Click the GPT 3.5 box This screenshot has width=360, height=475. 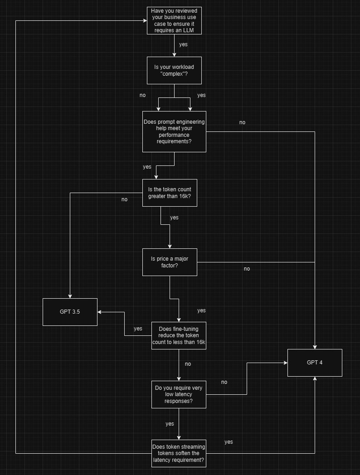coord(70,312)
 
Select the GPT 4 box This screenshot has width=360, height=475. coord(315,363)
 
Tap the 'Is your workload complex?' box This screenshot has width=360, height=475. coord(174,70)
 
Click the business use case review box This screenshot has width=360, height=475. coord(174,20)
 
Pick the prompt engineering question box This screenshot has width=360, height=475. coord(174,131)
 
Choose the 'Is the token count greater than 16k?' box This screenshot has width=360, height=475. coord(170,193)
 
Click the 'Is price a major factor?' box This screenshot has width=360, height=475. coord(170,262)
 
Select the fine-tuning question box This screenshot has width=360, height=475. coord(179,335)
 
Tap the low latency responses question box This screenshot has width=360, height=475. coord(179,394)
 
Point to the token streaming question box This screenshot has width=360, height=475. coord(179,453)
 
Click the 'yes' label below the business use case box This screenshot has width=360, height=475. coord(183,44)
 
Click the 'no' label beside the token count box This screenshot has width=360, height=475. coord(125,199)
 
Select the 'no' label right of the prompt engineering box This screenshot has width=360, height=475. coord(242,122)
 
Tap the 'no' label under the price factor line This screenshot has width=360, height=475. coord(247,269)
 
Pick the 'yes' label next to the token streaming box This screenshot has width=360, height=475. coord(229,442)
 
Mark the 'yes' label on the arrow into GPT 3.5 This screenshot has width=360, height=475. coord(138,329)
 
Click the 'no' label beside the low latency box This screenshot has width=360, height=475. coord(224,382)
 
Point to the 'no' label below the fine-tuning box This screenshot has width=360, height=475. coord(188,364)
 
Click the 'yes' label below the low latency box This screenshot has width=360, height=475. coord(170,424)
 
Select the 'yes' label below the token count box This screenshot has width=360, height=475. coord(174,218)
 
